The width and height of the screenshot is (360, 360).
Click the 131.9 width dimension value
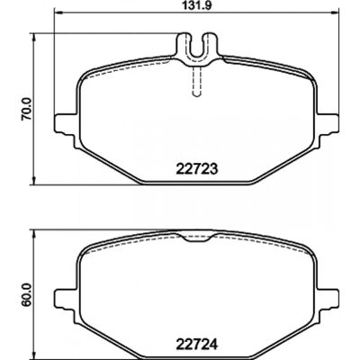pos(196,5)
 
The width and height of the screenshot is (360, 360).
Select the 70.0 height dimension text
pos(27,109)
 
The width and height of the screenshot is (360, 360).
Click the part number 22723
pos(196,170)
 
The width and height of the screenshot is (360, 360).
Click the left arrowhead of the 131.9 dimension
pos(57,13)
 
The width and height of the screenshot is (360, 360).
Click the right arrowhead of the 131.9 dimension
pos(336,13)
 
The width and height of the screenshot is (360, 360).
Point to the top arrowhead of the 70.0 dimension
pos(34,37)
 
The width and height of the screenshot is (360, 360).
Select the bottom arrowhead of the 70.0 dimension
pos(34,181)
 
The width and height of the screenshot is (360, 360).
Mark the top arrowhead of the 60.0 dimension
pos(34,234)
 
